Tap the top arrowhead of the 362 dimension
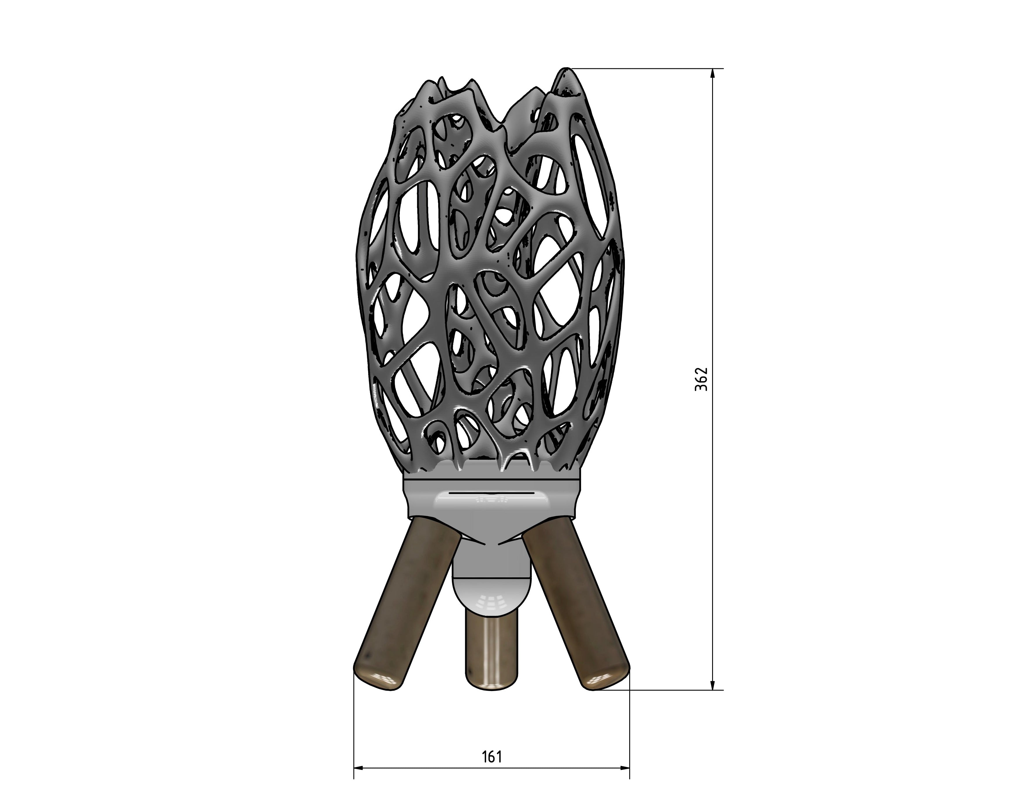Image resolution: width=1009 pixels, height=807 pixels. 713,74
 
